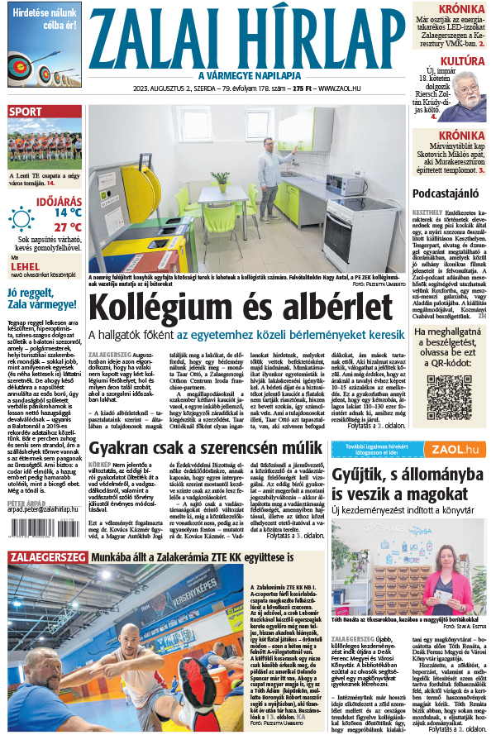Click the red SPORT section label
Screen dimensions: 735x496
point(26,112)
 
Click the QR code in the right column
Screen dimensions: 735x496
point(449,398)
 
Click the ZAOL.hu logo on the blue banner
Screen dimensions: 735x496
point(454,448)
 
